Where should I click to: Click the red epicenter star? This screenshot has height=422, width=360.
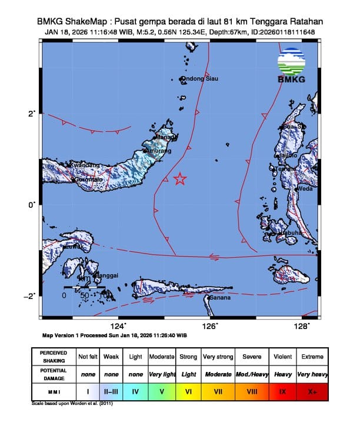(180, 179)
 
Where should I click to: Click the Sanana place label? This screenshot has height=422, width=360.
(220, 297)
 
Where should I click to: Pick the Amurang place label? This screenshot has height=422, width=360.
(158, 151)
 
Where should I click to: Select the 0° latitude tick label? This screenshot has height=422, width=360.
(34, 204)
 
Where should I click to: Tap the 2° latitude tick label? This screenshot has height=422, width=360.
(34, 113)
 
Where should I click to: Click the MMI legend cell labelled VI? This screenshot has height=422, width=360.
(189, 389)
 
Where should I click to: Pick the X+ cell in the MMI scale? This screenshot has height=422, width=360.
(311, 389)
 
